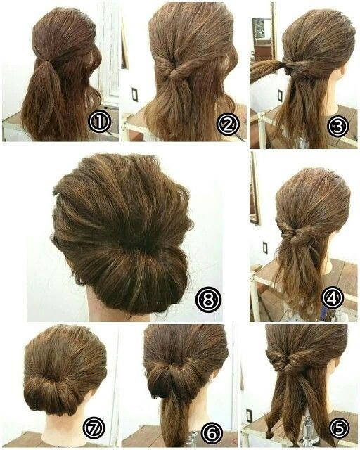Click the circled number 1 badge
pos(99,122)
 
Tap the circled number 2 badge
pos(228,124)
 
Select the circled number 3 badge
pos(338,127)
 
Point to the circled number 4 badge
pos(333,298)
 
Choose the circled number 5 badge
pos(339,430)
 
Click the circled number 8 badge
pos(208,300)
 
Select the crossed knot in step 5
pos(288,364)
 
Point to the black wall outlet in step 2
pos(134,94)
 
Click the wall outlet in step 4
pos(264,247)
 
